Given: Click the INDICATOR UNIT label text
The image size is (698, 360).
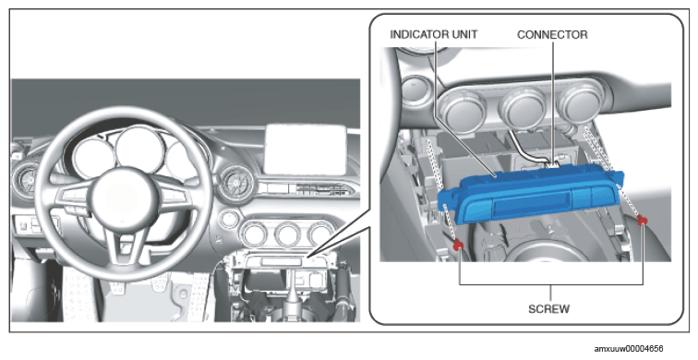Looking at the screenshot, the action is click(433, 34).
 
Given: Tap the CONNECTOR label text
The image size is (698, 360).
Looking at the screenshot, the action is click(552, 34).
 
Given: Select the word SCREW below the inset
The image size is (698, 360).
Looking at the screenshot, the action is click(548, 308).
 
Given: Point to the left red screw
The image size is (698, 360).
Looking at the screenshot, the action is click(458, 244).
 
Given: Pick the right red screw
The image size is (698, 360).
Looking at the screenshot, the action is click(642, 220).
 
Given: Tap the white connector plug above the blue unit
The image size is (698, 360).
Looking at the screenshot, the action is click(551, 165).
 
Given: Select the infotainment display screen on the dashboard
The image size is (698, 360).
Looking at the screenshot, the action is click(306, 150).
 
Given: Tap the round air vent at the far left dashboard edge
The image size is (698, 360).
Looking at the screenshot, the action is click(25, 180).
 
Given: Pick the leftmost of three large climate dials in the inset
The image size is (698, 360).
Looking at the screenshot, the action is click(460, 111).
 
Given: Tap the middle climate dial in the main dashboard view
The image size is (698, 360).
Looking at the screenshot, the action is click(287, 234).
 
